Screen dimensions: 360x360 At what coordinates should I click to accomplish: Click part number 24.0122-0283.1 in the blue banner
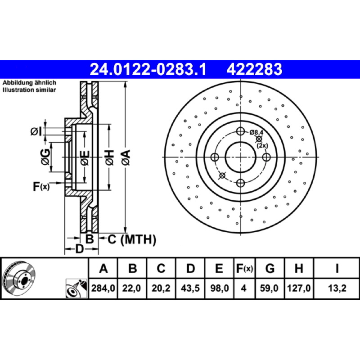(148, 69)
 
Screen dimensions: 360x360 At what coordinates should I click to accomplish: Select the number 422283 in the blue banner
(254, 69)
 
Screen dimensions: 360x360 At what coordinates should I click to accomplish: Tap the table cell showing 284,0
(103, 288)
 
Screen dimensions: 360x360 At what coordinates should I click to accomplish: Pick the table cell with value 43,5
(190, 288)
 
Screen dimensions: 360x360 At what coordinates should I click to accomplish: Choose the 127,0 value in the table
(299, 288)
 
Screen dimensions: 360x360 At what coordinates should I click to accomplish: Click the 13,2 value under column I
(337, 288)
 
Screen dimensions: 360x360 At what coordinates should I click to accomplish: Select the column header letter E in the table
(219, 268)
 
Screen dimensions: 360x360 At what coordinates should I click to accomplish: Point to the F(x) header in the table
(244, 268)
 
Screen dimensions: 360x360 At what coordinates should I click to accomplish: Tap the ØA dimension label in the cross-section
(126, 157)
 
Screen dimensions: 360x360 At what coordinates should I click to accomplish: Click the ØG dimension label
(45, 157)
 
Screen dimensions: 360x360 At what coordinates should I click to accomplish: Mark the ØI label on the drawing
(36, 131)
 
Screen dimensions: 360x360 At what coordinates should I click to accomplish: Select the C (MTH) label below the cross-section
(132, 239)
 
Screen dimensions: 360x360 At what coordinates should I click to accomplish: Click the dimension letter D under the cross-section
(80, 249)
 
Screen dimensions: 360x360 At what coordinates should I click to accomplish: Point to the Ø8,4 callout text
(256, 132)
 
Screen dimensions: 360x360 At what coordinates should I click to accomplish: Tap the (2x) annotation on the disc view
(262, 145)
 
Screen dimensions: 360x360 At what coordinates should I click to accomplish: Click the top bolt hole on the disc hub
(240, 131)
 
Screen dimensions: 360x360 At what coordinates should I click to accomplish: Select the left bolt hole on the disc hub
(215, 157)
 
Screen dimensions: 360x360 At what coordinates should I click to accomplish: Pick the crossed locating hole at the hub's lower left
(222, 175)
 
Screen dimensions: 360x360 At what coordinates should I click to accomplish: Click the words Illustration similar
(29, 90)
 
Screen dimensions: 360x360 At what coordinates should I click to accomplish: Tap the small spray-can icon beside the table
(76, 288)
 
